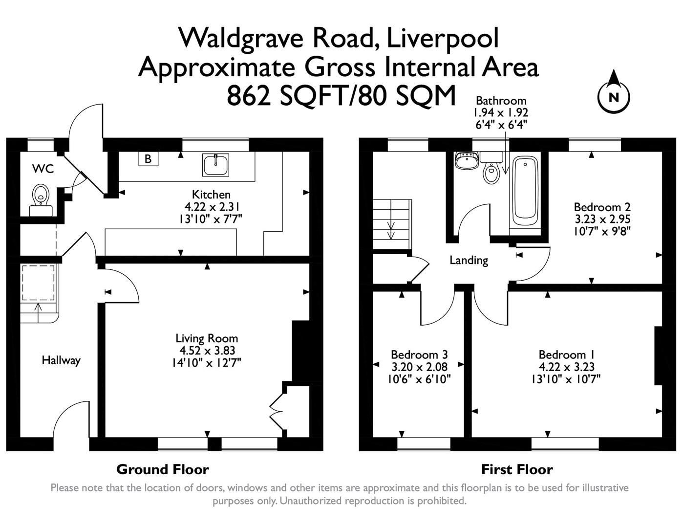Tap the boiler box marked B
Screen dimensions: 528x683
(x=148, y=159)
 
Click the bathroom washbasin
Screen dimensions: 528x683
(x=467, y=161)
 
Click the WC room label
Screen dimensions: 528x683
(x=43, y=169)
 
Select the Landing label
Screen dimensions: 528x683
(x=469, y=260)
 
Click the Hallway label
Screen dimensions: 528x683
(x=61, y=360)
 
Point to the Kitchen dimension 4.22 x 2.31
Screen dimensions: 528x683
(x=211, y=206)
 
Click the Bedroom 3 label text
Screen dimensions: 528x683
(x=419, y=354)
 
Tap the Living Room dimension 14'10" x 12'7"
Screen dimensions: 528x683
(x=207, y=363)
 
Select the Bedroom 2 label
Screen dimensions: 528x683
(x=602, y=206)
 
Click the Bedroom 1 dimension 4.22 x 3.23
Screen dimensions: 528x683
(x=566, y=367)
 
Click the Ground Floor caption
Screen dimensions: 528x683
(x=163, y=470)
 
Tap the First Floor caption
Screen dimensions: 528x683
(x=517, y=470)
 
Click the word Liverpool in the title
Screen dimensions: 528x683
(x=443, y=38)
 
